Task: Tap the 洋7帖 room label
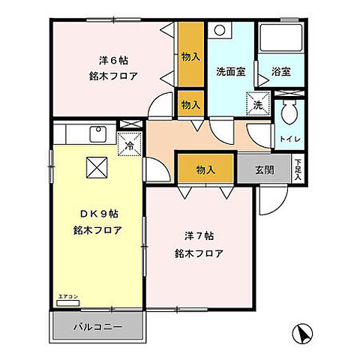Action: point(197,233)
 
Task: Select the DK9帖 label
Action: point(97,211)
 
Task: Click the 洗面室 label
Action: point(231,72)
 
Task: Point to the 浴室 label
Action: point(281,73)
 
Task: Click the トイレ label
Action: point(289,139)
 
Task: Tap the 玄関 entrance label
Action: point(264,169)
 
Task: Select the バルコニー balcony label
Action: point(97,326)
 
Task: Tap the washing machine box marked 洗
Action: point(257,103)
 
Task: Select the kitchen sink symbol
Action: point(97,135)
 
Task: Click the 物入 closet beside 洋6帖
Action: point(190,57)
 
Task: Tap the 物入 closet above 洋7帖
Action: point(205,170)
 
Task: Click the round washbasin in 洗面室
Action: point(220,31)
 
